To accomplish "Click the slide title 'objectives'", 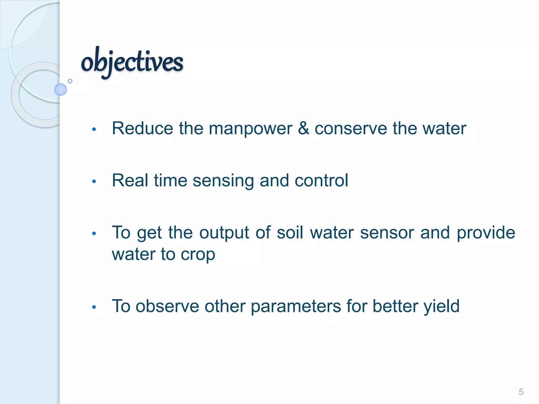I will pyautogui.click(x=132, y=62).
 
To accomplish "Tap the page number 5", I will pyautogui.click(x=521, y=392).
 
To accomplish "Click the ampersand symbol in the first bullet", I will pyautogui.click(x=303, y=128).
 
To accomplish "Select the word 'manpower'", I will pyautogui.click(x=250, y=129).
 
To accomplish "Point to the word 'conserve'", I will pyautogui.click(x=351, y=128).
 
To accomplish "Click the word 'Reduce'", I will pyautogui.click(x=142, y=128).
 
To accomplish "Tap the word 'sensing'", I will pyautogui.click(x=223, y=181).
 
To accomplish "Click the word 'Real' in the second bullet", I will pyautogui.click(x=130, y=180).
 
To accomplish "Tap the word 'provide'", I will pyautogui.click(x=486, y=233).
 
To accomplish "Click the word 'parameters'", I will pyautogui.click(x=296, y=307).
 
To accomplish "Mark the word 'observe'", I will pyautogui.click(x=167, y=306).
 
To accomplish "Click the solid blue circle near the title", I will pyautogui.click(x=61, y=89).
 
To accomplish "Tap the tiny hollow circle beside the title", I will pyautogui.click(x=70, y=81).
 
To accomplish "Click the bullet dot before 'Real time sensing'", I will pyautogui.click(x=94, y=181).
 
